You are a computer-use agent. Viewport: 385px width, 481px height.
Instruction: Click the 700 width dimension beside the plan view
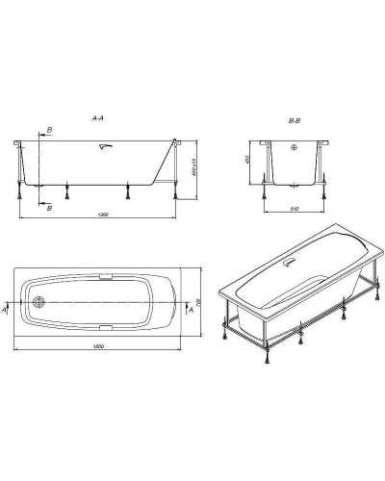click(198, 302)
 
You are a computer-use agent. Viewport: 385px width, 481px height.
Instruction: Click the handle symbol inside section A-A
click(104, 147)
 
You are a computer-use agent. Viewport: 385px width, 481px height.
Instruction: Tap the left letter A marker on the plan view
click(8, 311)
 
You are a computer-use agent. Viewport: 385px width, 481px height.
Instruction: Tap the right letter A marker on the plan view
click(189, 311)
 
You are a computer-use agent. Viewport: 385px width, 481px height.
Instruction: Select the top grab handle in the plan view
click(104, 276)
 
